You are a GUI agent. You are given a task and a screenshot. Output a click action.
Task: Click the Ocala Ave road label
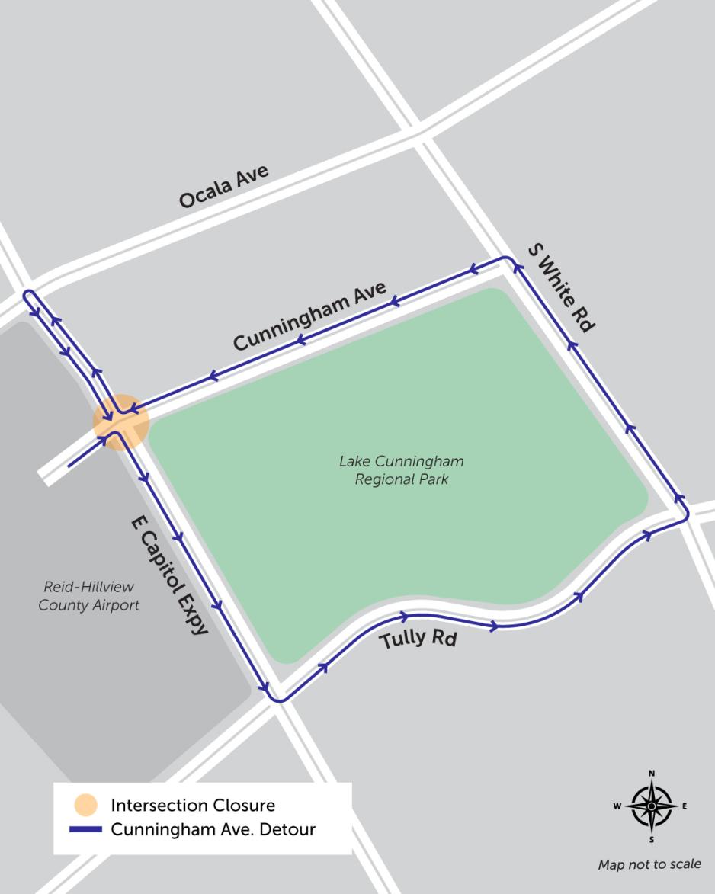coord(223,186)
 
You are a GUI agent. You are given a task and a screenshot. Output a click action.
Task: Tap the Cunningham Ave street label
coord(309,317)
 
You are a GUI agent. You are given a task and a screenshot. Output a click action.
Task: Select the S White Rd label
coord(560,287)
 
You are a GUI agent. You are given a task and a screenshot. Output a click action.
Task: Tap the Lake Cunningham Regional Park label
coord(401,470)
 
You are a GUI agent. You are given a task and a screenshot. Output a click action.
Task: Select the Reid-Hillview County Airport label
coord(89,596)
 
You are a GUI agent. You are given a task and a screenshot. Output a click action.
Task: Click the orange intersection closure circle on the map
coord(120,421)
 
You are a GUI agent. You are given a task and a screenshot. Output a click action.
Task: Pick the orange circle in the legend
coord(85,805)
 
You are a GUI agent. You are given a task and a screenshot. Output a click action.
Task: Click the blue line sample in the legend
coord(85,829)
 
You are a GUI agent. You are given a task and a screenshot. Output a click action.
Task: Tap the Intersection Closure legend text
coord(193,805)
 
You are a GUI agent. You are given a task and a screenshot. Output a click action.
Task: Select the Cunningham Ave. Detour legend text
coord(213,829)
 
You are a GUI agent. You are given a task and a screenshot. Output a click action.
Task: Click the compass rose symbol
coord(652,806)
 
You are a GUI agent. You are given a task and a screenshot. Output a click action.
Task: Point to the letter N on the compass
coord(652,774)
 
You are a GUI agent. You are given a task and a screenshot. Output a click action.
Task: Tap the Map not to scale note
coord(649,864)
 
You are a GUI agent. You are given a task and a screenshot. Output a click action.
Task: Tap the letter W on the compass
coord(618,806)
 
